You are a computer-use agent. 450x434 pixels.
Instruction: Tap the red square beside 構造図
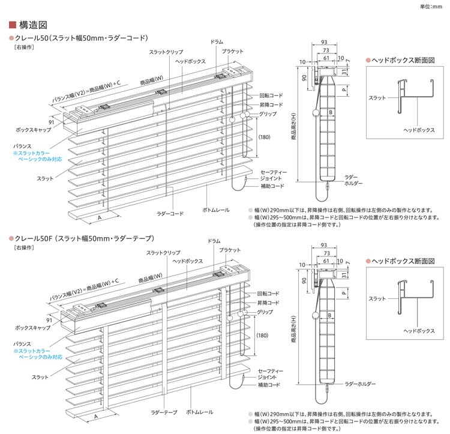pyautogui.click(x=13, y=25)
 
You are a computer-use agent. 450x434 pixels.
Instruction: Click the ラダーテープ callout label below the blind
pyautogui.click(x=164, y=412)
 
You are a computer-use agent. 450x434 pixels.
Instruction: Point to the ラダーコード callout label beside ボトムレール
pyautogui.click(x=170, y=213)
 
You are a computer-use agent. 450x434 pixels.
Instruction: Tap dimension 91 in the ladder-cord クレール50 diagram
pyautogui.click(x=51, y=122)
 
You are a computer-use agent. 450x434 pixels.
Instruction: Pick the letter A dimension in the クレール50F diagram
pyautogui.click(x=95, y=416)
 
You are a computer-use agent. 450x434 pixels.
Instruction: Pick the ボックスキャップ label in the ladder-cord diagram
pyautogui.click(x=33, y=130)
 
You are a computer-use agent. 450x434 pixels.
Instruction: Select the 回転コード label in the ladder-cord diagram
pyautogui.click(x=271, y=95)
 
